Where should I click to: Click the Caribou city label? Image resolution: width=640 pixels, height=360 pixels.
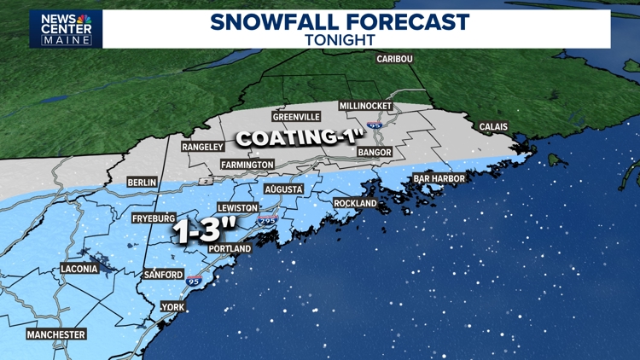[x=394, y=59]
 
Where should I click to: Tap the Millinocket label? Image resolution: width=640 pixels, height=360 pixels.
[x=365, y=106]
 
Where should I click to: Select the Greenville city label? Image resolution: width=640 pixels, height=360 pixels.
[x=296, y=117]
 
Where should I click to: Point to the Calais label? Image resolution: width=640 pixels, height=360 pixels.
[x=493, y=127]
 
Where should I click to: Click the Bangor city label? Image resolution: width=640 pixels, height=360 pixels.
[x=375, y=153]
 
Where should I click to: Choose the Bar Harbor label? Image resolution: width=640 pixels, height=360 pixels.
[x=439, y=178]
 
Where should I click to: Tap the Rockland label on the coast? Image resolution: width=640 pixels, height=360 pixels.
[x=356, y=204]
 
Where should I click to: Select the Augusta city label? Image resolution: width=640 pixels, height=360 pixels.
[x=284, y=189]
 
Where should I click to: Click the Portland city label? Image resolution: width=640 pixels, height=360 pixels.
[x=230, y=248]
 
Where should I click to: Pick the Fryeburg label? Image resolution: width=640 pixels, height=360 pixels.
[x=154, y=218]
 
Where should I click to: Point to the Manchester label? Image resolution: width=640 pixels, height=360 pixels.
[x=56, y=334]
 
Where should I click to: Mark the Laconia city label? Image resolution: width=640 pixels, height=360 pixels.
[x=79, y=269]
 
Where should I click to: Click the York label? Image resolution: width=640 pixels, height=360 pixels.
[x=173, y=307]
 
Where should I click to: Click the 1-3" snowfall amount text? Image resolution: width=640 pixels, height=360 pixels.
[x=203, y=231]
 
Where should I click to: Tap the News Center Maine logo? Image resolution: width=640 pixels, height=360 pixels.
[x=66, y=29]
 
